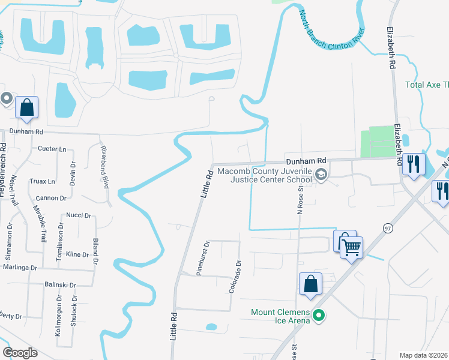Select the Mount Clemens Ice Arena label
coord(280,316)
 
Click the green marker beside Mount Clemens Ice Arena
coord(320,314)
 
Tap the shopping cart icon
coord(351,246)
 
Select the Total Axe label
coord(427,85)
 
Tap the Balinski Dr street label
coord(60,285)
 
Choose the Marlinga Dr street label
coord(20,267)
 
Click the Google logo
coord(20,352)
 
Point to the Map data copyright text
coord(424,355)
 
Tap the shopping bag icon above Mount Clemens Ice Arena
coord(311,284)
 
